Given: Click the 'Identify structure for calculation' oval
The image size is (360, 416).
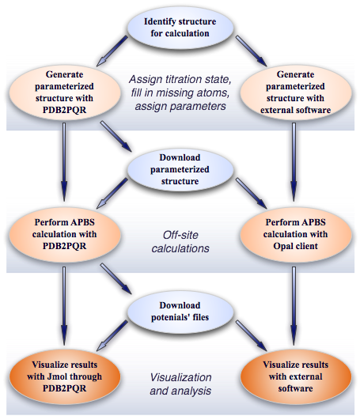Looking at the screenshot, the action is [x=180, y=28].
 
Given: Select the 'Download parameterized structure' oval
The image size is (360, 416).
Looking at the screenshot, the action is [x=180, y=169].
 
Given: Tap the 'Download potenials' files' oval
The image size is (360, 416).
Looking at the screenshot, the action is [x=180, y=312].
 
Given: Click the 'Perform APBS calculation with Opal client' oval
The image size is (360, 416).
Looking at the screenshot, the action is [x=295, y=235].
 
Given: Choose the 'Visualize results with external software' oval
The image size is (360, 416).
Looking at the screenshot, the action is [x=295, y=376].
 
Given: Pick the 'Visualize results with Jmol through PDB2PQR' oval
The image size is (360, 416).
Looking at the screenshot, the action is [x=65, y=376].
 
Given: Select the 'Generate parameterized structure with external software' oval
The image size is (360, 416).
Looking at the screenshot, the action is [x=295, y=93].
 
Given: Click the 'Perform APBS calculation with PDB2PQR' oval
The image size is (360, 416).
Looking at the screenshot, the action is [x=65, y=235].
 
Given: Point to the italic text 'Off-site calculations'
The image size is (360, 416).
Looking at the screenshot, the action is [x=180, y=242].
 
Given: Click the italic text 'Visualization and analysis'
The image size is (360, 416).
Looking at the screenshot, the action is [x=180, y=384].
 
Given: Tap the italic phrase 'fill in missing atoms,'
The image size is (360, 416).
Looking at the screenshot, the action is [x=180, y=93].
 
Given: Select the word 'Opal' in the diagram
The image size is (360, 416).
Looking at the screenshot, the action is [x=282, y=246].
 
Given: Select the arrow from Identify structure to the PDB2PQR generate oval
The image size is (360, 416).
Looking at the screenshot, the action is [x=112, y=51].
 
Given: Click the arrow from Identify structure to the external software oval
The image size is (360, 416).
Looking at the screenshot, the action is [x=251, y=51].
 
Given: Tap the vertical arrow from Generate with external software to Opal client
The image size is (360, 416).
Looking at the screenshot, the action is [x=294, y=162].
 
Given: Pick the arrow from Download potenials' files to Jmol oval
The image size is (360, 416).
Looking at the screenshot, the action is [x=112, y=335].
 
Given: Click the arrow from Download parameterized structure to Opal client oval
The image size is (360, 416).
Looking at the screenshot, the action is [x=251, y=194].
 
